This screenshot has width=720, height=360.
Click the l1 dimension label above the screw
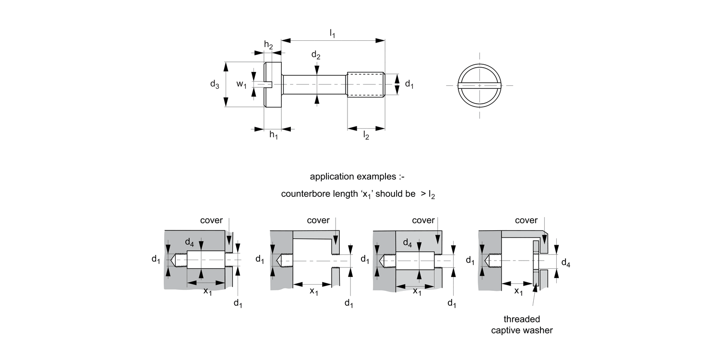(332, 34)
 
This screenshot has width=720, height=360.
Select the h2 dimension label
(269, 45)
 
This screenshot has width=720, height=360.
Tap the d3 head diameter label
(215, 84)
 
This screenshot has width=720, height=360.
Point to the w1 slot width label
(241, 84)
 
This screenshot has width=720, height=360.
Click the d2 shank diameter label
(316, 55)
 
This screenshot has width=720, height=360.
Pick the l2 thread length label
(366, 136)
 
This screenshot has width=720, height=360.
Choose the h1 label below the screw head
(274, 136)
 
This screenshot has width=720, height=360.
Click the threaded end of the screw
(366, 85)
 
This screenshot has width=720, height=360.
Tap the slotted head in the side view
(273, 85)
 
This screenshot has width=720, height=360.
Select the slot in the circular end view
(480, 85)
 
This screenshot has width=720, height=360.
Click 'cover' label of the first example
(211, 220)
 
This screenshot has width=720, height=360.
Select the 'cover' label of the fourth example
(526, 220)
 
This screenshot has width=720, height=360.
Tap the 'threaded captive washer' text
(522, 325)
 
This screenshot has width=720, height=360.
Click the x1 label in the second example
(313, 291)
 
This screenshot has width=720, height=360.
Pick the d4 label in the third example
(407, 244)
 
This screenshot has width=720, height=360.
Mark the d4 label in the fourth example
(566, 263)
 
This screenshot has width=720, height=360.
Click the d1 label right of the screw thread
(409, 84)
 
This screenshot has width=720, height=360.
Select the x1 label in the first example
(207, 291)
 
